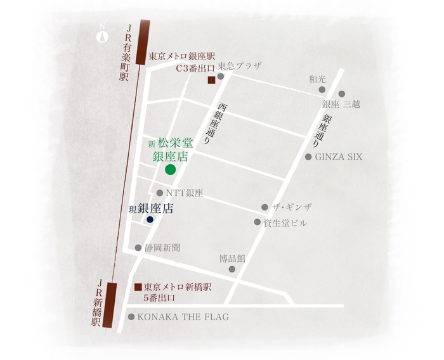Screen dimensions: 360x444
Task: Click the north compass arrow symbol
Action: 101,35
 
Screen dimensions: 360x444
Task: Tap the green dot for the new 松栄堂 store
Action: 170,169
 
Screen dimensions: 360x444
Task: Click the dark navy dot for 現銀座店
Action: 150,220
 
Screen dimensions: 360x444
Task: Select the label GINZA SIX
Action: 339,157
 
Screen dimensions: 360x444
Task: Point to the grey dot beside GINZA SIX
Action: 309,157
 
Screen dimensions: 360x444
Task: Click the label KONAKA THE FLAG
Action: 182,317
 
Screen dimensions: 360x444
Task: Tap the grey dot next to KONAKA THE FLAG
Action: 131,317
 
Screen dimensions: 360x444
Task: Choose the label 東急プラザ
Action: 239,66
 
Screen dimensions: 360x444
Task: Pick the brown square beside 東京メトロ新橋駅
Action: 137,286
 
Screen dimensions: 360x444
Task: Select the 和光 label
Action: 317,79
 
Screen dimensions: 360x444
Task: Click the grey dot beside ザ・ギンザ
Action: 264,207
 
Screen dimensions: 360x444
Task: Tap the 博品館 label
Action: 232,258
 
